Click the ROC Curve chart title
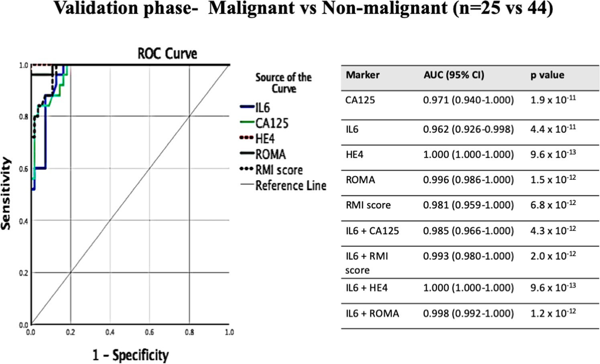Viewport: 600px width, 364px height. coord(167,54)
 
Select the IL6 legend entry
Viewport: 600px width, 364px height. coord(262,107)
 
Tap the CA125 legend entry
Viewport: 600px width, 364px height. coord(271,123)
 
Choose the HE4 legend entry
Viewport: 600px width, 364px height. coord(264,139)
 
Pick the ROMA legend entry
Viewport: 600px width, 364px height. coord(270,154)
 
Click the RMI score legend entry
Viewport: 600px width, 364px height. coord(279,170)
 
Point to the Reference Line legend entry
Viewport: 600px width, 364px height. coord(290,186)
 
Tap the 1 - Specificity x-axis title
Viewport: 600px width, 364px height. coord(130,355)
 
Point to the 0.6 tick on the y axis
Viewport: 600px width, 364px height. coord(24,169)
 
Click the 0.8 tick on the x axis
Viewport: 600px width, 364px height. coord(189,332)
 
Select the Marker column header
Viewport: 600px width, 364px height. coord(362,75)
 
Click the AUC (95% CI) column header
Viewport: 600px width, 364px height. coord(454,75)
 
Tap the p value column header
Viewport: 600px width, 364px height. coord(547,75)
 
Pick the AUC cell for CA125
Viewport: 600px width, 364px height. coord(468,100)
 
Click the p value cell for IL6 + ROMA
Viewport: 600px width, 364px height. coord(553,313)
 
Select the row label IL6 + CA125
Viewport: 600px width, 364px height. coord(372,231)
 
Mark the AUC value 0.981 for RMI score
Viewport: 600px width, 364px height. coord(468,205)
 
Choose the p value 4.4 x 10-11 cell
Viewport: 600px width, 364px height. coord(553,129)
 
